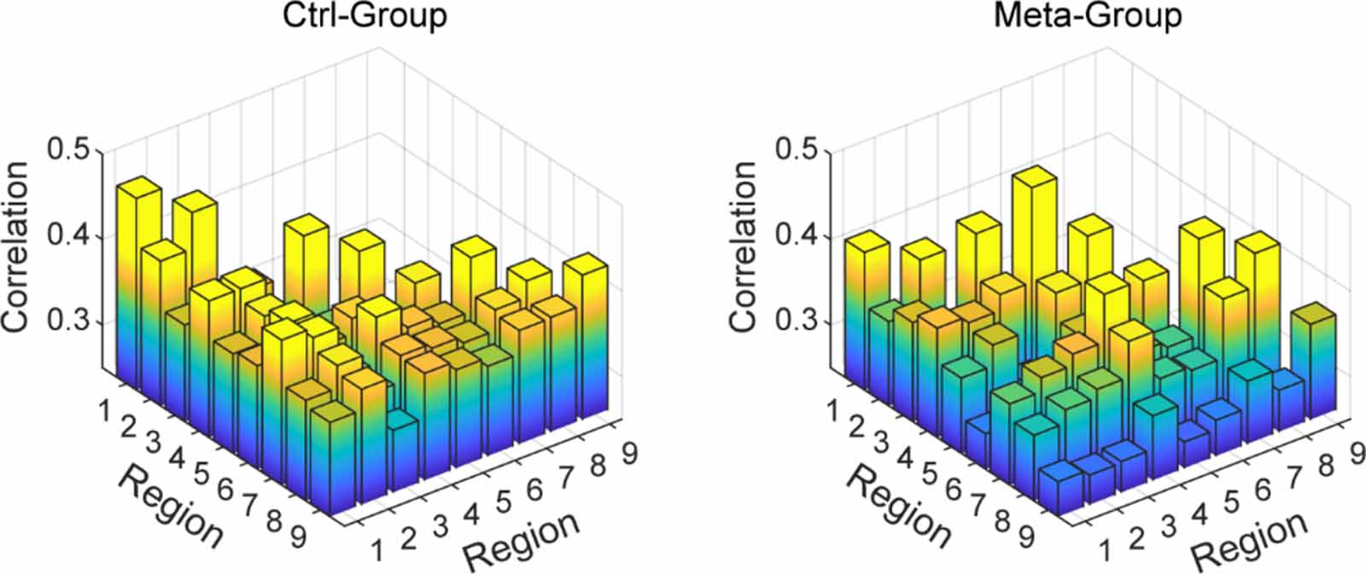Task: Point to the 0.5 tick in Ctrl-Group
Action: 69,150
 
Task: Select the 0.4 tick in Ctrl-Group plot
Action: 69,237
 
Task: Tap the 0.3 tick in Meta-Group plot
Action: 797,322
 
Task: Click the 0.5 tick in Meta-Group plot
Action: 797,150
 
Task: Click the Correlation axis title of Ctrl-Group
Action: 17,247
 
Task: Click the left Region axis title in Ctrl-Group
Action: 169,507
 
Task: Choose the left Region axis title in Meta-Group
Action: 897,507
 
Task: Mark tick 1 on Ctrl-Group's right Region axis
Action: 377,551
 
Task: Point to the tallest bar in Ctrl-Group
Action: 137,256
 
